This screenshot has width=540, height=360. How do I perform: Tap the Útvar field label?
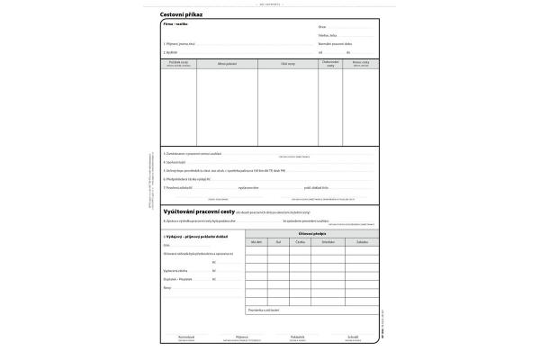(x=322, y=29)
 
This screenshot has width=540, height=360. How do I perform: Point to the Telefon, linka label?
(x=328, y=36)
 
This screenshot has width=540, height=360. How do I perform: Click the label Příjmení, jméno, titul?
(x=180, y=43)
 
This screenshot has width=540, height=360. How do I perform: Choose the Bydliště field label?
(x=170, y=52)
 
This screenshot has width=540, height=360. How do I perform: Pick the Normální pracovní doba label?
(x=335, y=43)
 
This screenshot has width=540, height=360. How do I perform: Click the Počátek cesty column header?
(x=178, y=64)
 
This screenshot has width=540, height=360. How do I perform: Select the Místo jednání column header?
(x=227, y=64)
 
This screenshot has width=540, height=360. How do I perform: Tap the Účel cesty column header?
(x=288, y=64)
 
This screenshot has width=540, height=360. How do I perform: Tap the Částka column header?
(x=301, y=242)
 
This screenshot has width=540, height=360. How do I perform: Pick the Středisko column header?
(x=328, y=242)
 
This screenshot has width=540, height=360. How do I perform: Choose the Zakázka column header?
(x=361, y=242)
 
